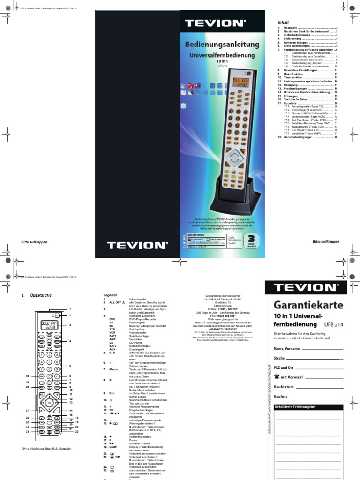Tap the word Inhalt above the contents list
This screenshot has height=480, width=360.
tap(284, 22)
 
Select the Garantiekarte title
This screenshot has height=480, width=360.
tap(308, 305)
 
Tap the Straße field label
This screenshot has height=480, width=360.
tap(279, 358)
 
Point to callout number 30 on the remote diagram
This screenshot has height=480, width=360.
tap(27, 376)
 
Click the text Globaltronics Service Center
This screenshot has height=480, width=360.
tap(223, 296)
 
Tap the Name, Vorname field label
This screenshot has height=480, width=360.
tap(287, 349)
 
